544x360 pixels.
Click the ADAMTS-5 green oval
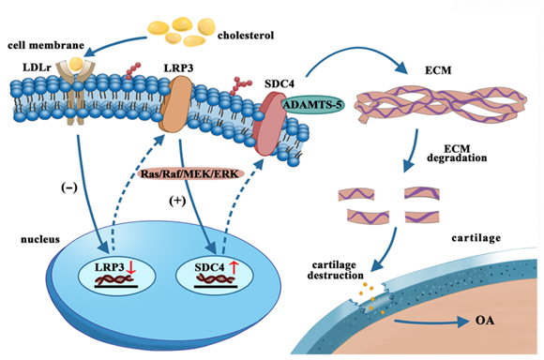[312, 104]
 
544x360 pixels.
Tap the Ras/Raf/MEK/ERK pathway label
[190, 173]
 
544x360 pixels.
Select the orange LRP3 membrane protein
[175, 104]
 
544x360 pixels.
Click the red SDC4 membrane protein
[269, 123]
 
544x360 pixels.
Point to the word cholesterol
[246, 36]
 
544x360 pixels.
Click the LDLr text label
[37, 67]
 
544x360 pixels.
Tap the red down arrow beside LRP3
[130, 268]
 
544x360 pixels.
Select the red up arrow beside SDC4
[234, 267]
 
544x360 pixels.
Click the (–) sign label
[69, 187]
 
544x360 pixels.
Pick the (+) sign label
[177, 201]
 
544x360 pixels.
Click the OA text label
[485, 320]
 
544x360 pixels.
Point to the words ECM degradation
[457, 154]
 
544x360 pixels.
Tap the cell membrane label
[46, 45]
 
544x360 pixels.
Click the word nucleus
[40, 239]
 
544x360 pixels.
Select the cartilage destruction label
[335, 270]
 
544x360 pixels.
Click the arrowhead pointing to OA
[463, 322]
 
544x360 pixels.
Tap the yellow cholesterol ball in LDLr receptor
[76, 64]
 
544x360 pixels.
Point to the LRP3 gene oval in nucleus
[117, 276]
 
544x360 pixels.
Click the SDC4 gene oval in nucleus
[215, 276]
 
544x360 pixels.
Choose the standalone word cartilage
[476, 238]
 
